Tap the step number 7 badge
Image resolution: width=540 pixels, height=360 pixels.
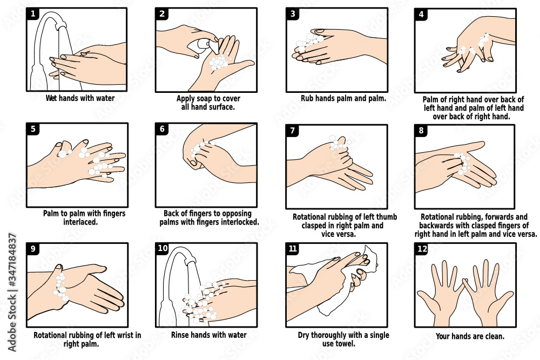pos(292,131)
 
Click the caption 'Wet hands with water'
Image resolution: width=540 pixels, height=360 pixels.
pos(79,99)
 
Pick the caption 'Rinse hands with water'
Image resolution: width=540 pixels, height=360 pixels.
pos(208,335)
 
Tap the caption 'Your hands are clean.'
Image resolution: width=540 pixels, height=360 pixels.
pos(470,336)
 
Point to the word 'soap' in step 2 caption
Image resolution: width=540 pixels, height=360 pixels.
pos(208,99)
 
